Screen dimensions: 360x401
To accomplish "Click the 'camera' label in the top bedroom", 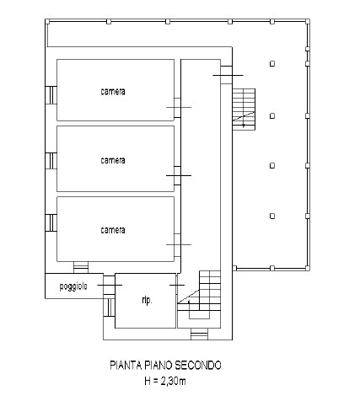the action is (113, 92).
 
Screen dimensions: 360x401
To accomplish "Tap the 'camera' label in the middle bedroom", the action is (113, 160).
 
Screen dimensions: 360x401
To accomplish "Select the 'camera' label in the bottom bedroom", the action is (113, 230).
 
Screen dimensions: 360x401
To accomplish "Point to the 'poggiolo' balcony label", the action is (73, 286).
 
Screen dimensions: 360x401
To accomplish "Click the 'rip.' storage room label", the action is (147, 300).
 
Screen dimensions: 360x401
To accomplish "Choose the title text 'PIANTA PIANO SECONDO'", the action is (165, 365).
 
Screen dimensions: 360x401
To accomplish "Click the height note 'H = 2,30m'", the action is (165, 381).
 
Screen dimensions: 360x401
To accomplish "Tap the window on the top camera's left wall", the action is (51, 95).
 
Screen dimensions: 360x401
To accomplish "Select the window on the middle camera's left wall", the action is (51, 161).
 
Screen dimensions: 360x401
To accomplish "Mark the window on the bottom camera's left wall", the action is (51, 222).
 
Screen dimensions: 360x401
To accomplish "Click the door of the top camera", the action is (178, 108).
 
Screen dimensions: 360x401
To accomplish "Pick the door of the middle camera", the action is (178, 175).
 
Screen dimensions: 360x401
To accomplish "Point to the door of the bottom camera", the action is (178, 245).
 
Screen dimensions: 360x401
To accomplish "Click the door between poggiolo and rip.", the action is (110, 285).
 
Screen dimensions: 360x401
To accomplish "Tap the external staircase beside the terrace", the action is (244, 109).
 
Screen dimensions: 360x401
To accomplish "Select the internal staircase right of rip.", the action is (199, 295).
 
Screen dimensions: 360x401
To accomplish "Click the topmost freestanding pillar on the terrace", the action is (272, 64).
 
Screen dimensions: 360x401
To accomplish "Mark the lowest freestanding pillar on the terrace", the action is (272, 216).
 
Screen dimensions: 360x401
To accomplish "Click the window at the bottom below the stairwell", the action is (200, 334).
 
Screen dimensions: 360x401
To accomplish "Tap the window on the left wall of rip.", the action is (110, 307).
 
